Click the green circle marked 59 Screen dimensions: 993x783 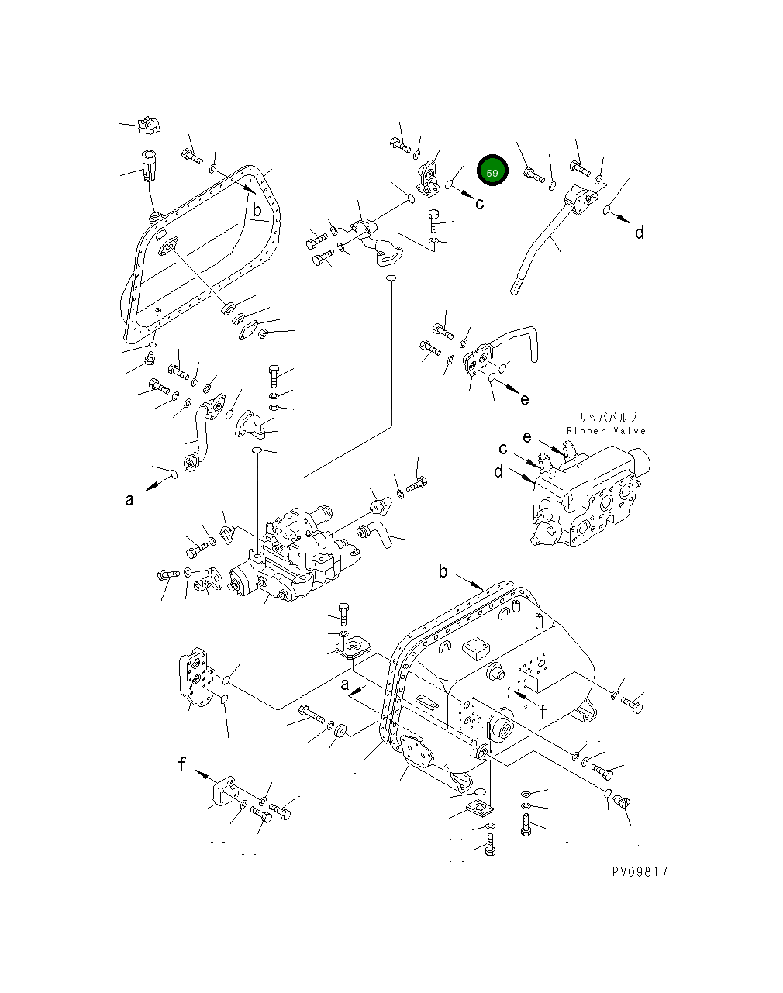[x=492, y=172]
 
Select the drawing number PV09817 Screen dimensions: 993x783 [x=639, y=871]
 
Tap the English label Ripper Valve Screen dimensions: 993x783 [x=605, y=431]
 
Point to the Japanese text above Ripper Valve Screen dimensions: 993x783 [x=607, y=417]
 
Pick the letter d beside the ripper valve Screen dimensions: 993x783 [x=498, y=471]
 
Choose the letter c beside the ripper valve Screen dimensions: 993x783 [x=503, y=448]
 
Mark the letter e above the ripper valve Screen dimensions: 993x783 [x=527, y=437]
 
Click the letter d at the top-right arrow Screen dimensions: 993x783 [x=640, y=233]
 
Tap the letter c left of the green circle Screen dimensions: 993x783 [x=479, y=203]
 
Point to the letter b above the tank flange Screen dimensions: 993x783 [x=443, y=572]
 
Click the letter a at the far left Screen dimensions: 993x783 [x=129, y=500]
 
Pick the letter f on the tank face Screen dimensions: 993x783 [x=543, y=712]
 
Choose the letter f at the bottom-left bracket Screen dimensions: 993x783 [x=182, y=765]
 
